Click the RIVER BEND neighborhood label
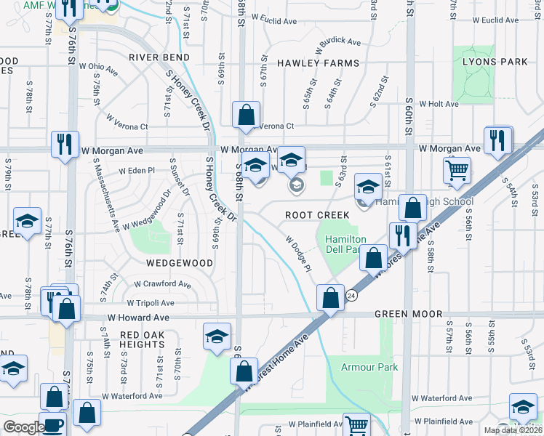pos(159,57)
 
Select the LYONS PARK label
pos(495,62)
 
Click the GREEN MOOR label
pos(408,314)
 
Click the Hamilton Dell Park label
pos(344,243)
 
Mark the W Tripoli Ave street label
pos(151,302)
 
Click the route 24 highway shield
pos(351,295)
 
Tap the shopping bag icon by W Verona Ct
pos(246,115)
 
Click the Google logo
pos(24,428)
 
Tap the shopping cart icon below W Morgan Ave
pos(457,171)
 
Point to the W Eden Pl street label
pos(137,171)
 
